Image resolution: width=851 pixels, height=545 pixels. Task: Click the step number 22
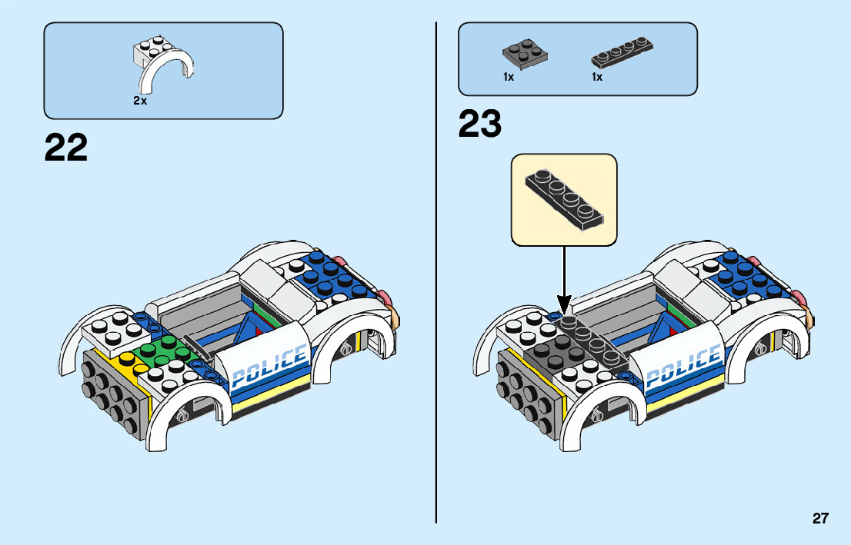coord(66,148)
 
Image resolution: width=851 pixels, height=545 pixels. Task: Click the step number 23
coord(479,125)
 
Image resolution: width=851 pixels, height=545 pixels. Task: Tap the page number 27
coord(820,519)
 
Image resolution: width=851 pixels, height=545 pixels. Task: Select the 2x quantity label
coord(139,101)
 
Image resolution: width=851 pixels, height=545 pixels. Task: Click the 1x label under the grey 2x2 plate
coord(509,77)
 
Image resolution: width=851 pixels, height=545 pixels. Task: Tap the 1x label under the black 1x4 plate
coord(597,77)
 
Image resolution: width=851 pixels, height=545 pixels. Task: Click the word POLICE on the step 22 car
coord(269,366)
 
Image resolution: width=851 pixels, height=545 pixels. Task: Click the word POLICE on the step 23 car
coord(682,366)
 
